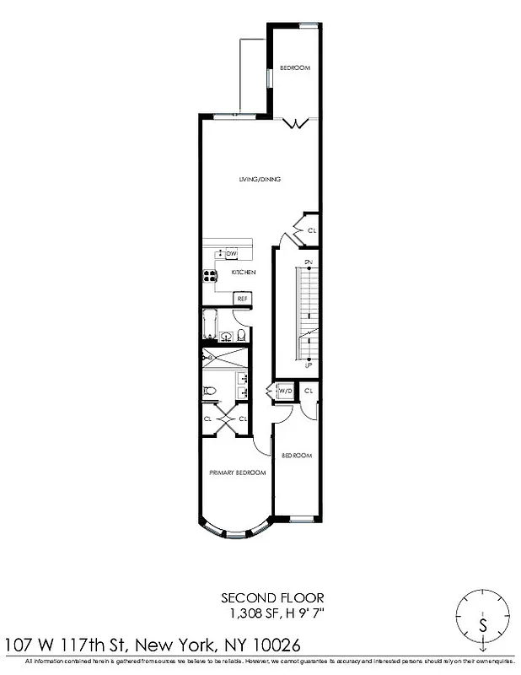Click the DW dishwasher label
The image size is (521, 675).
(231, 253)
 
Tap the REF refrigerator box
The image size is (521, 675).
(241, 298)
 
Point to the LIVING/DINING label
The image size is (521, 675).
(259, 179)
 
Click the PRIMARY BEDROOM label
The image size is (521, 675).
(237, 472)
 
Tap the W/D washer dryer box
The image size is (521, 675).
(284, 391)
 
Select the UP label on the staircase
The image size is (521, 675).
(309, 365)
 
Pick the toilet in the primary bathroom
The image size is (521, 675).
(210, 390)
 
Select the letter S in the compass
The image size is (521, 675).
(482, 625)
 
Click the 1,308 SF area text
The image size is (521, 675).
(250, 611)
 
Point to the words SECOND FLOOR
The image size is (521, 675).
(260, 597)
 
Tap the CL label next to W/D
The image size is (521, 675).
(309, 391)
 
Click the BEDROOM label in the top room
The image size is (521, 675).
(295, 67)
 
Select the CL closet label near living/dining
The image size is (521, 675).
(311, 230)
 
